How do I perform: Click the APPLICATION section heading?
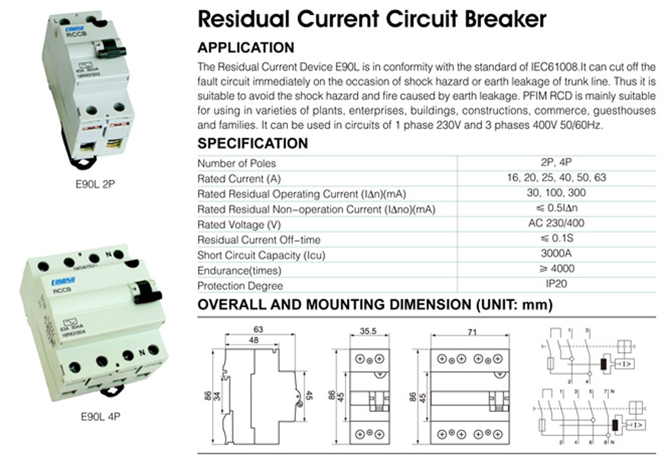point(245,48)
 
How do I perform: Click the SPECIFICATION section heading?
point(252,144)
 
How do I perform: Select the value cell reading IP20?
point(557,285)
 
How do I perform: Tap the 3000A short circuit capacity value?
point(557,255)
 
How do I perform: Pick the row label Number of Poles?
point(236,163)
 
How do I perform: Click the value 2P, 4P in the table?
point(557,163)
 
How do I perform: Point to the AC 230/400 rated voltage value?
point(557,224)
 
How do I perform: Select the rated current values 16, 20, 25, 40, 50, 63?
point(557,178)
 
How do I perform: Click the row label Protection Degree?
point(240,286)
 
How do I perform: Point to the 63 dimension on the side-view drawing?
point(257,330)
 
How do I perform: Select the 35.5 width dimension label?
point(368,333)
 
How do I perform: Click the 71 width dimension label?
point(472,332)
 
